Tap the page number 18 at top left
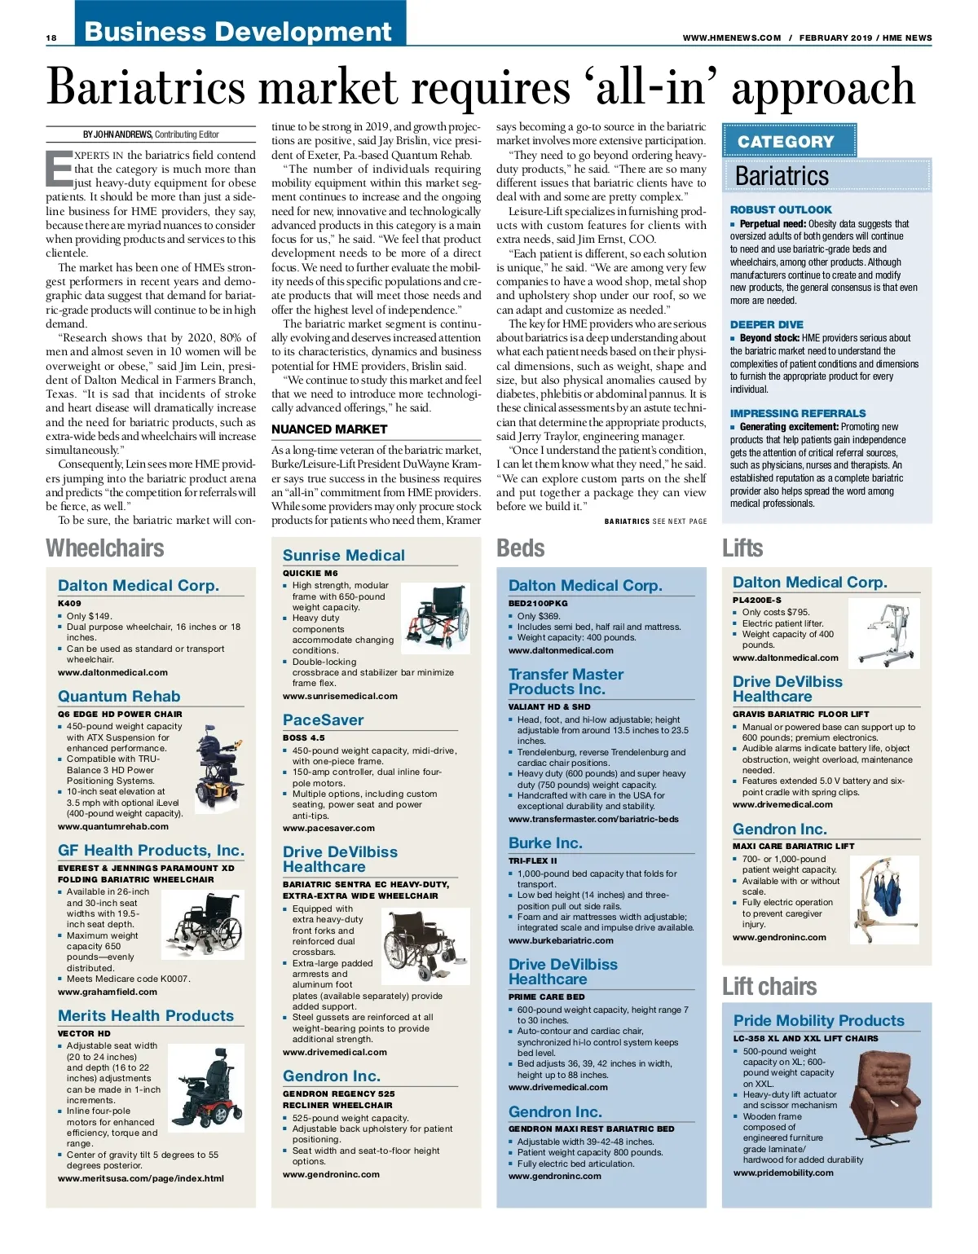coord(51,37)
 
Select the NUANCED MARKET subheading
coord(328,429)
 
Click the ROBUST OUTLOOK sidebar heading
coord(780,209)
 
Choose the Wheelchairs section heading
coord(105,548)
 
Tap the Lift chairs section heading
coord(769,987)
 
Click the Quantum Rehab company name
coord(119,697)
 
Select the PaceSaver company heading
coord(323,720)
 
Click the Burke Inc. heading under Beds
coord(545,843)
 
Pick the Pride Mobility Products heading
coord(818,1021)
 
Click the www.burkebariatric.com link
coord(561,940)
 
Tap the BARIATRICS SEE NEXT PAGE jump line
coord(655,521)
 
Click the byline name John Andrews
coord(118,134)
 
